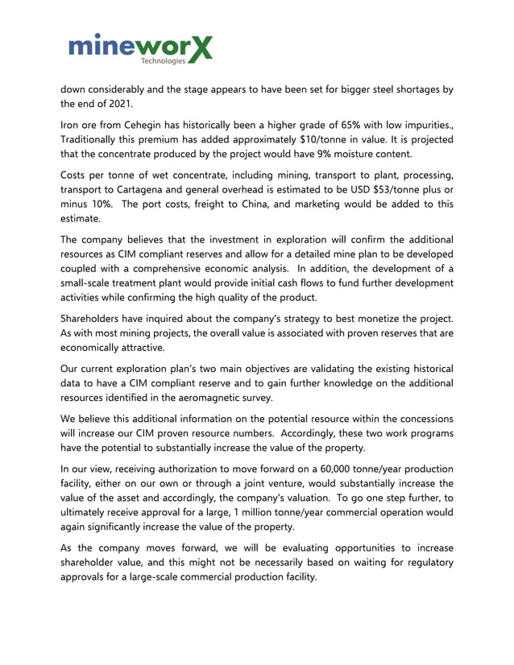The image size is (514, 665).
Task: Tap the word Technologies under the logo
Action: pos(162,60)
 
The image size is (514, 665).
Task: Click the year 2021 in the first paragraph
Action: pos(118,103)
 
